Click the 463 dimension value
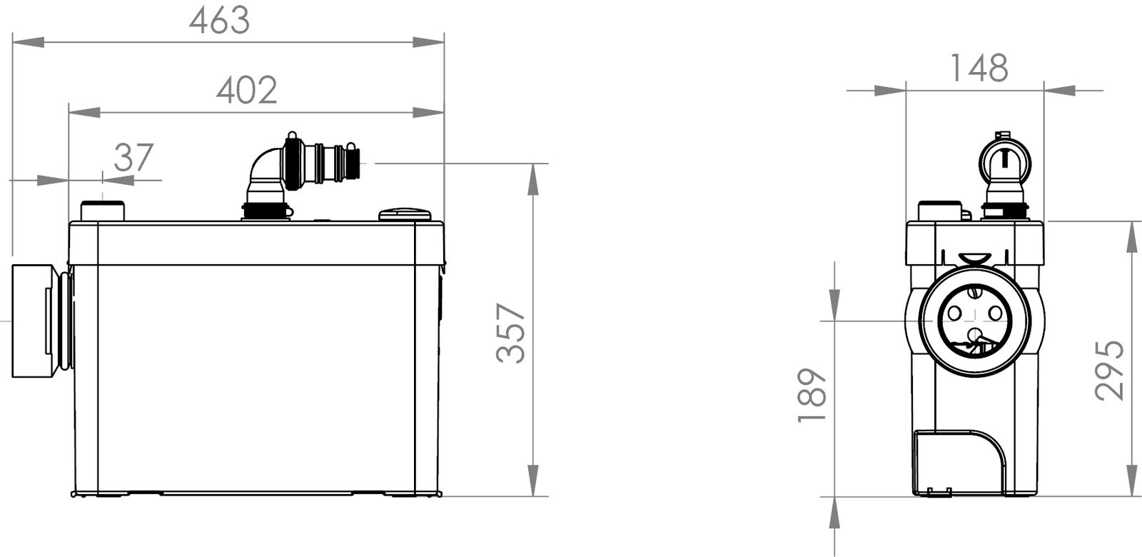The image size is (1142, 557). point(219,21)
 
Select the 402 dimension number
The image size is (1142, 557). point(247,91)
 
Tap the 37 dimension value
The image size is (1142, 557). point(133,158)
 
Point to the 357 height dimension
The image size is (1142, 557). point(511,333)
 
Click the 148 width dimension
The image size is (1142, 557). point(979,68)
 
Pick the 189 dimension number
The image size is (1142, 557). point(812,396)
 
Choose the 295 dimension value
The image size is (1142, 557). point(1109,370)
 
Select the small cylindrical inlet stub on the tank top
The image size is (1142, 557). point(103,211)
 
